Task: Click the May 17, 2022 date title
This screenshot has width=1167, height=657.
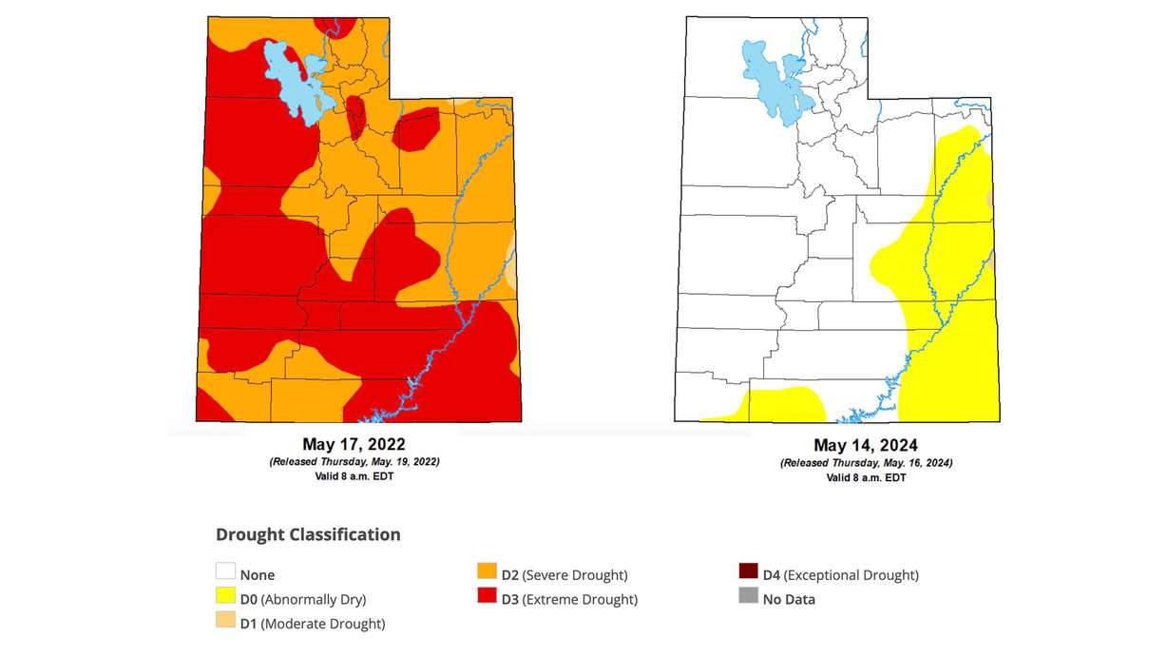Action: (354, 444)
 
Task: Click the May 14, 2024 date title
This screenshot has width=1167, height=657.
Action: (865, 444)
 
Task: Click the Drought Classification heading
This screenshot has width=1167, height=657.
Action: (308, 534)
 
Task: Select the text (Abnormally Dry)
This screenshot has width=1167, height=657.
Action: (314, 599)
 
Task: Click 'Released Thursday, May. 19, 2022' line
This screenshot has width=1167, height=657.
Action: (354, 461)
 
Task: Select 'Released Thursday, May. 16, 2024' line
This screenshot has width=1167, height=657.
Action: (865, 462)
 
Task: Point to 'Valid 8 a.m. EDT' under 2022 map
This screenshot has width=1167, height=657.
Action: (354, 476)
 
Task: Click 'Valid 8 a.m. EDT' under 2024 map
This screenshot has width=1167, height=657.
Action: (865, 477)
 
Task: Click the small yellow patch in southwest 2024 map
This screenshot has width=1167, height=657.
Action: (779, 404)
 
